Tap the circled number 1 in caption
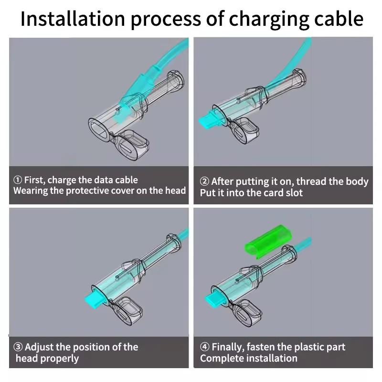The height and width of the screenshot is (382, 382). pos(17,180)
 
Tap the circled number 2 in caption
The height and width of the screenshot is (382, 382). pos(204,181)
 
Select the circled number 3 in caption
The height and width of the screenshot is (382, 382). pos(17,347)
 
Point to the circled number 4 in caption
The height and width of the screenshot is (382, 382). pos(204,347)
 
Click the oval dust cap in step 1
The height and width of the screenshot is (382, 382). pos(132,145)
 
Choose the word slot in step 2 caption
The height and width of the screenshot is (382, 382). pos(292,193)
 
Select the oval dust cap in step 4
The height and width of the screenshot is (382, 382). pos(248,312)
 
